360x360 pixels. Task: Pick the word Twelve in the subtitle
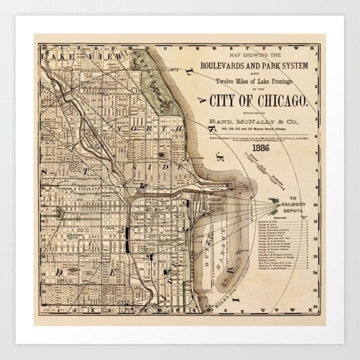[x=225, y=81]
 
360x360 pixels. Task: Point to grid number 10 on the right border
[x=316, y=204]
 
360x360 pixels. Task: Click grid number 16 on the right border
[x=316, y=307]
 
